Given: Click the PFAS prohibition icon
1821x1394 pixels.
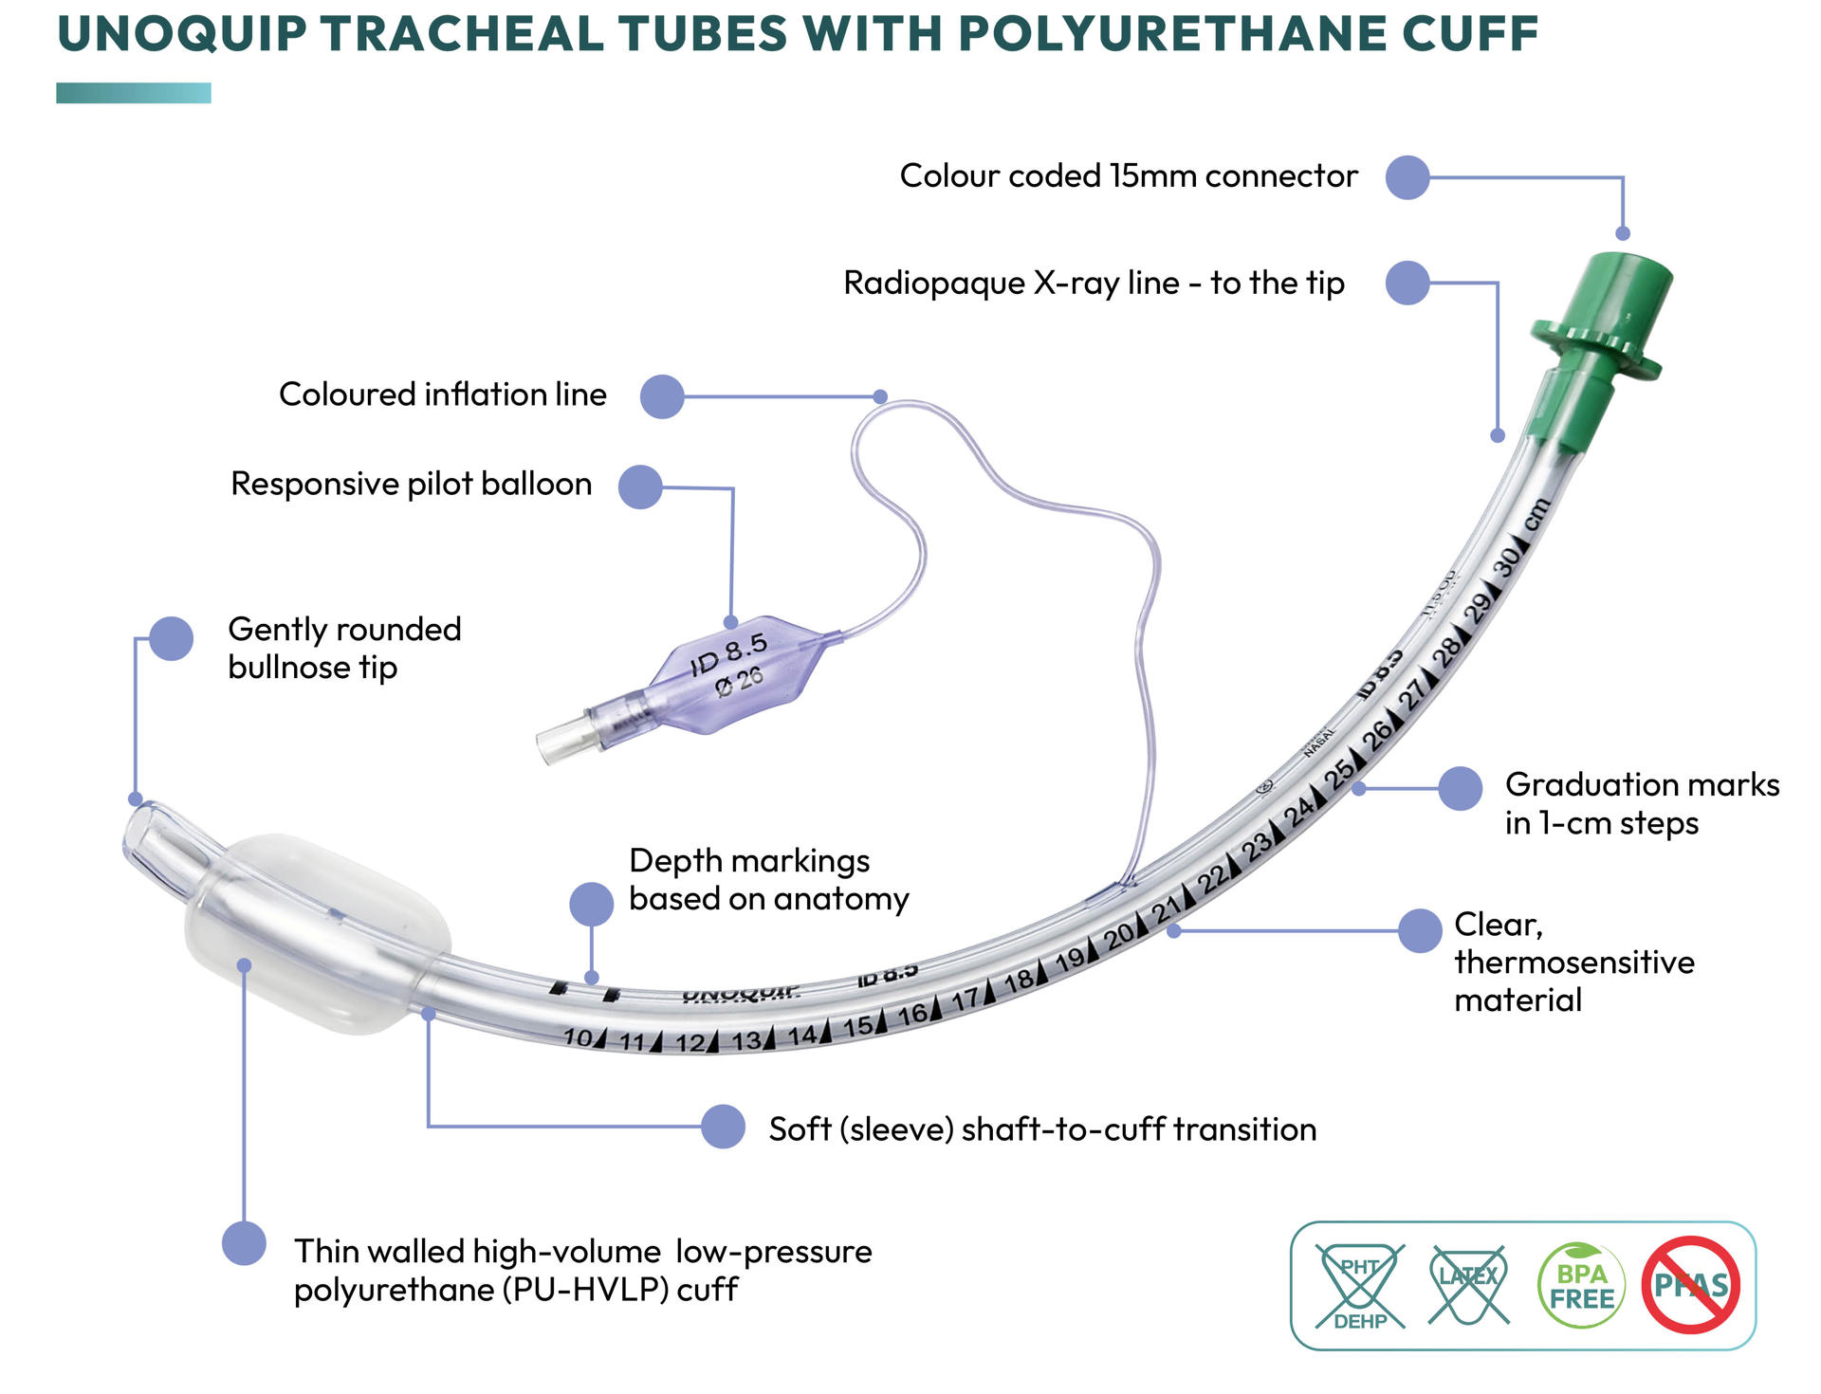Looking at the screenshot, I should click(x=1691, y=1285).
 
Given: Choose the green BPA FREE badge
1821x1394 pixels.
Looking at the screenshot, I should click(x=1581, y=1286).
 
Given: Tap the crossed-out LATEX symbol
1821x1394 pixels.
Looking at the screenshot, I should click(x=1468, y=1284).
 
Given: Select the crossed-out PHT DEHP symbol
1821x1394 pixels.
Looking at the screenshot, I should click(x=1360, y=1286).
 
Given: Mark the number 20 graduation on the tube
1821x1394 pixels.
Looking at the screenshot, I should click(x=1120, y=936).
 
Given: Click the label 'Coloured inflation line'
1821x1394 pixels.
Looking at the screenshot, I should click(x=442, y=394).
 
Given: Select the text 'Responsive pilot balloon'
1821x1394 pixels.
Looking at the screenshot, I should click(x=411, y=484).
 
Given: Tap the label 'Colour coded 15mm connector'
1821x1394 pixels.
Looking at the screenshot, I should click(x=1128, y=176).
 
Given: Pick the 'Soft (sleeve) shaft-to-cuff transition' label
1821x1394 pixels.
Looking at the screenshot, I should click(x=1041, y=1129).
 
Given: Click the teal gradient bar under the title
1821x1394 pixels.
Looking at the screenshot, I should click(x=134, y=93).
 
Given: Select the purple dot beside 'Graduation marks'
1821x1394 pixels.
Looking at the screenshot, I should click(x=1460, y=788).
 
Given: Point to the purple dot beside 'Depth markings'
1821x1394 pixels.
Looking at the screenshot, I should click(x=591, y=904).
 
